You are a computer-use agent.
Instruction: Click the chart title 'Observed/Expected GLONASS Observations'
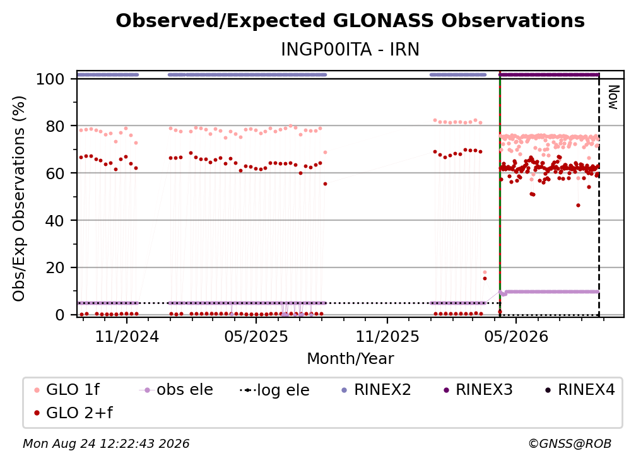(350, 21)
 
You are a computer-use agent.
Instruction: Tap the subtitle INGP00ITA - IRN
(350, 49)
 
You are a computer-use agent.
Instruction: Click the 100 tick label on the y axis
(50, 79)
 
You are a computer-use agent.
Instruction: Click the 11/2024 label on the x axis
(127, 336)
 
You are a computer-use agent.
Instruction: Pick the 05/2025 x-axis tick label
(256, 336)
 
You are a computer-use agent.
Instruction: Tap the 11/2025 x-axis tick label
(387, 336)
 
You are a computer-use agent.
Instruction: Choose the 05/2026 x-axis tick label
(516, 336)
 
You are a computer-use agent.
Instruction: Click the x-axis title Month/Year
(350, 359)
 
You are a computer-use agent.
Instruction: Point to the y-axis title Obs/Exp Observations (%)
(19, 198)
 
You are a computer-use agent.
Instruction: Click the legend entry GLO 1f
(67, 390)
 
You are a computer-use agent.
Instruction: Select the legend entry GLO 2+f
(73, 413)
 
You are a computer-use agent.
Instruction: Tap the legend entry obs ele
(176, 390)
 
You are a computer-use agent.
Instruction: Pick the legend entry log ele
(274, 390)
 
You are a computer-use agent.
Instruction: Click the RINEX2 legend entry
(376, 390)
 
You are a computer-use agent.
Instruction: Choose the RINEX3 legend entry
(478, 390)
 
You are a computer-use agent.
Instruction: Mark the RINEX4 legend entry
(580, 390)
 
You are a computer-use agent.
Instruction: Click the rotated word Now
(613, 97)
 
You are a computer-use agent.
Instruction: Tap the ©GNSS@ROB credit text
(570, 444)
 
